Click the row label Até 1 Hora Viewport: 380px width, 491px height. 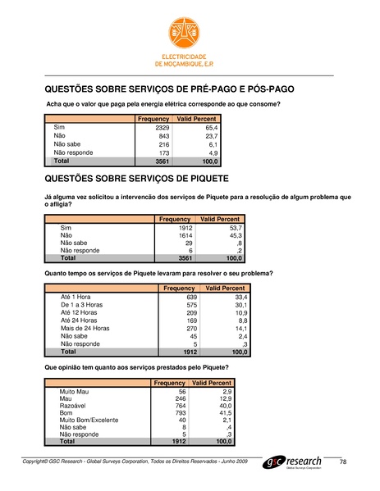76,296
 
